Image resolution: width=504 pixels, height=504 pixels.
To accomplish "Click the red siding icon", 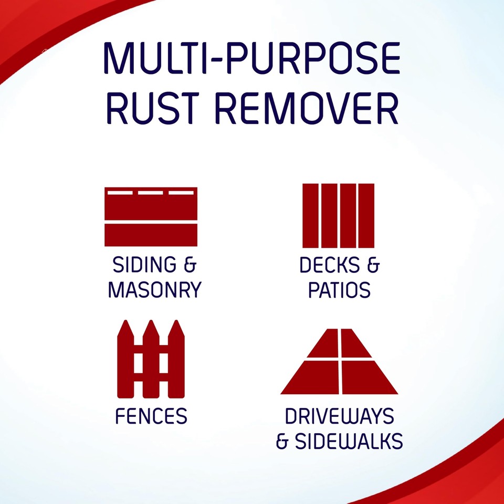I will (x=151, y=216).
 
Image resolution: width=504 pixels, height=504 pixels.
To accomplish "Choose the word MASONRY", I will (x=154, y=290).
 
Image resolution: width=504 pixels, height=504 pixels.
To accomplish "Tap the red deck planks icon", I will (x=338, y=215).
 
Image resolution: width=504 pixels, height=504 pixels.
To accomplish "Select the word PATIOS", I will (x=339, y=290).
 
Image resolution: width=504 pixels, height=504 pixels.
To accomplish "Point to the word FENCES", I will (x=151, y=416).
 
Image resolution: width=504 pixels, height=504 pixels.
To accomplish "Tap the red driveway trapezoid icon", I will (x=340, y=362).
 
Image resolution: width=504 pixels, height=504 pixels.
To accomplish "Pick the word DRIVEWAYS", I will (x=339, y=416).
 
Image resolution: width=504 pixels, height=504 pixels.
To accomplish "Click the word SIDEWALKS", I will (x=349, y=441).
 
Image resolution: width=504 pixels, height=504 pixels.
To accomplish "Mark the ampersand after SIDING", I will (x=190, y=265).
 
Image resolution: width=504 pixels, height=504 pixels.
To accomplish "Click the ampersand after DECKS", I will (x=372, y=265).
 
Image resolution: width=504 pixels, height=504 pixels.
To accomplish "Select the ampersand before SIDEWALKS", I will (x=283, y=442).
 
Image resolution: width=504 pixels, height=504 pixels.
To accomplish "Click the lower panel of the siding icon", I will (x=151, y=235).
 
